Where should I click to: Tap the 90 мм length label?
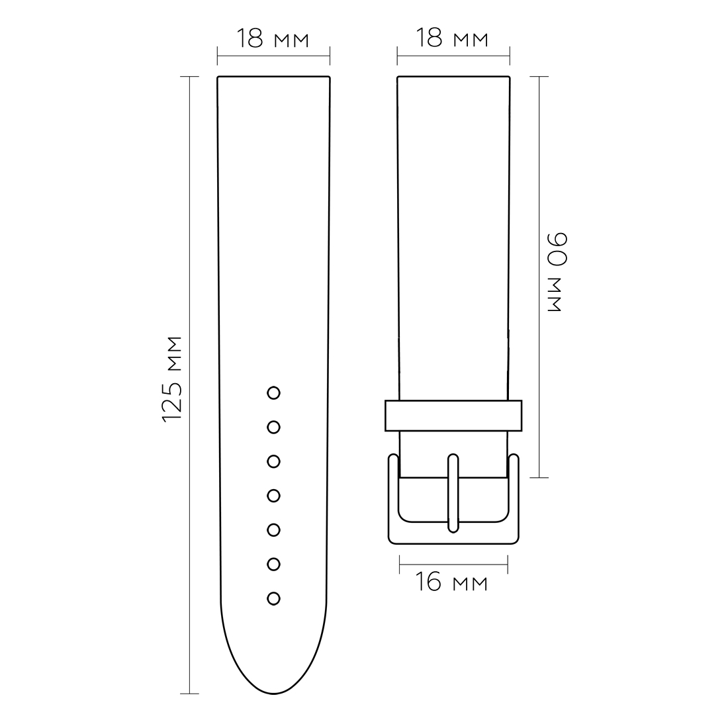(x=557, y=272)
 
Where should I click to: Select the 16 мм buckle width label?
(x=451, y=582)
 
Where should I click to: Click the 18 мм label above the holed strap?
(x=273, y=38)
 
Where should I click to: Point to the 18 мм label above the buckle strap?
(x=452, y=38)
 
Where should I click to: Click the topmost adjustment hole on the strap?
(x=273, y=392)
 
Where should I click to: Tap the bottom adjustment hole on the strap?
(x=273, y=598)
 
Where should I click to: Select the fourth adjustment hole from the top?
(x=273, y=496)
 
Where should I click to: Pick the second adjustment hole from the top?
(x=273, y=427)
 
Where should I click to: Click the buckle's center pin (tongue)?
(x=453, y=493)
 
